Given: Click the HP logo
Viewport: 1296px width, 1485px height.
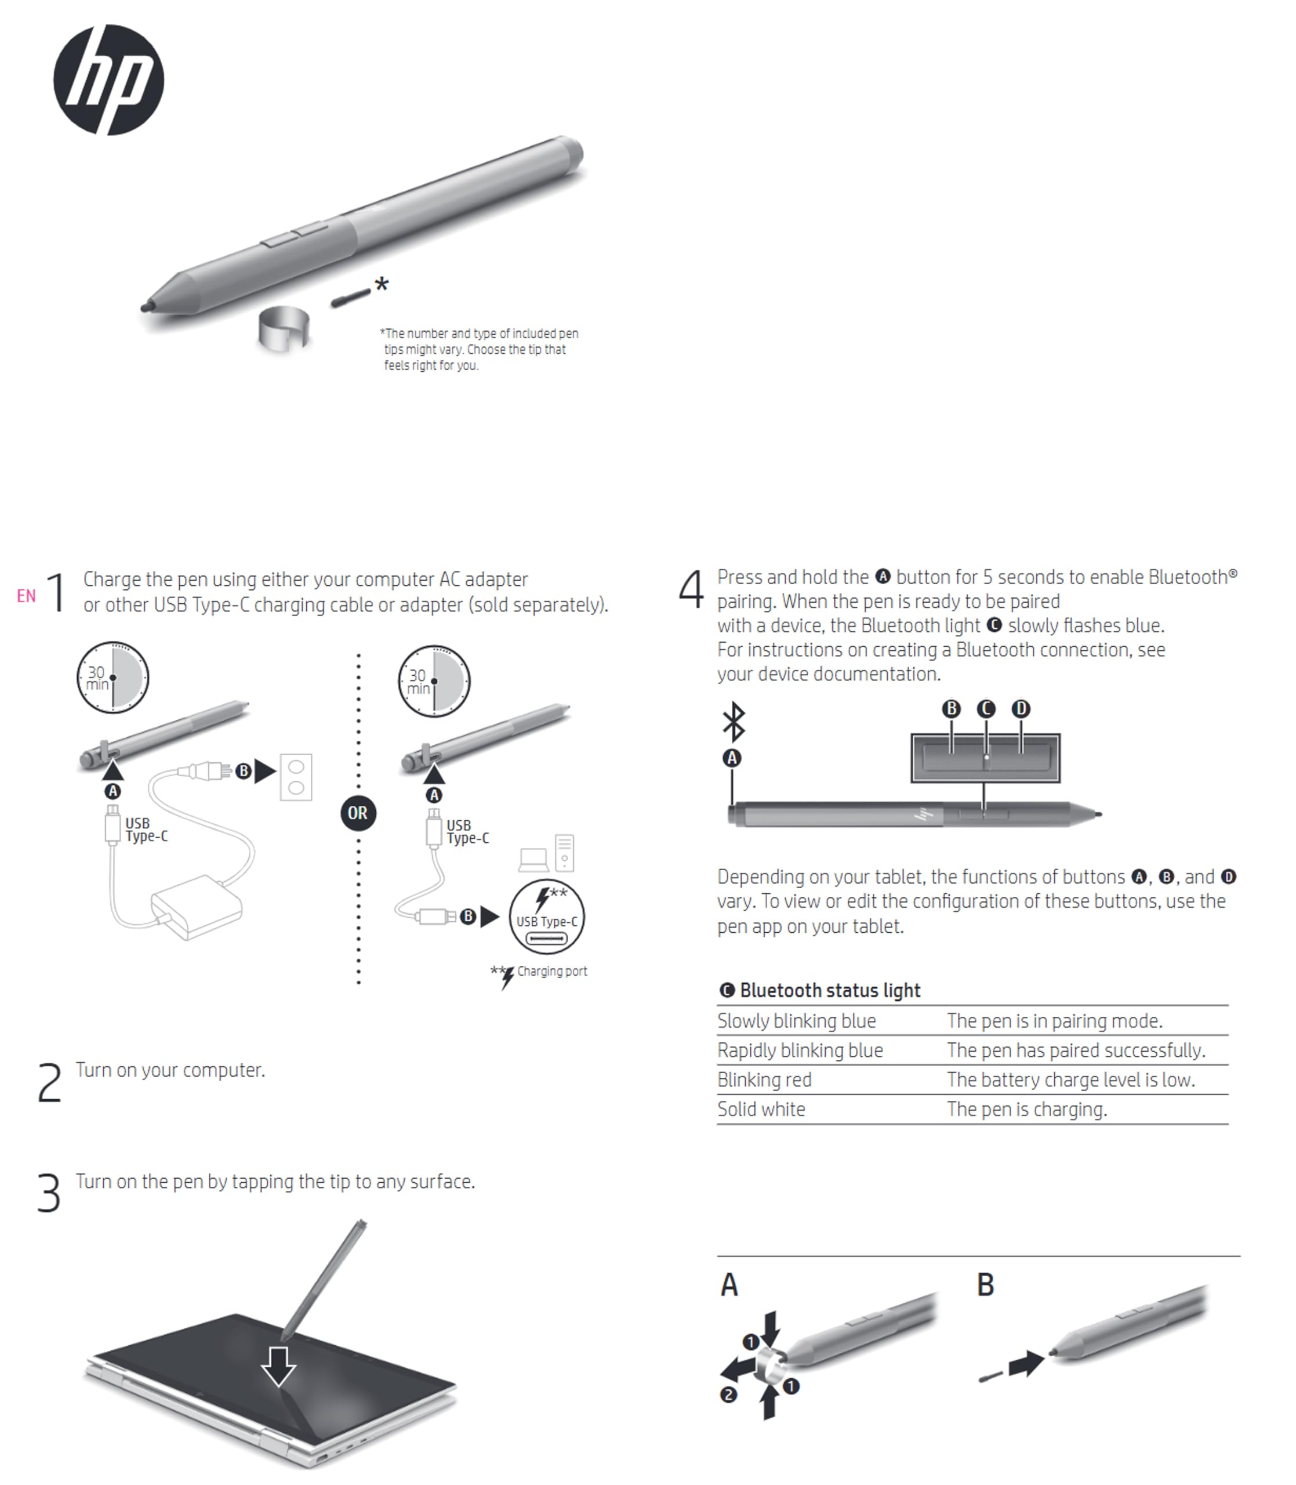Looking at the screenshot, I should click(x=108, y=79).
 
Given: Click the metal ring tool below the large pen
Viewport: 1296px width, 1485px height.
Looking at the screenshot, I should click(x=284, y=328).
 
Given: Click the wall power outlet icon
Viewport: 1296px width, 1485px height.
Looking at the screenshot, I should click(x=296, y=777).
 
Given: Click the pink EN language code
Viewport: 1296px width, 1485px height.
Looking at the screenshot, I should click(x=26, y=596).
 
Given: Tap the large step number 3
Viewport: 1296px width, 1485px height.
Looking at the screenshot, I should click(x=49, y=1193).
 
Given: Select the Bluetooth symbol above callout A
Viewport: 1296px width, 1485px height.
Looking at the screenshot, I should click(x=734, y=721).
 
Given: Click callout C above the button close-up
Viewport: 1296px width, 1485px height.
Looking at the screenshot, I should click(x=986, y=709).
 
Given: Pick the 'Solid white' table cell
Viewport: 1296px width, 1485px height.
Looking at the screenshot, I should click(x=761, y=1109).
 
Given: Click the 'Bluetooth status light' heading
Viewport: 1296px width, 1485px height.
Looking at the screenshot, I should click(x=830, y=990).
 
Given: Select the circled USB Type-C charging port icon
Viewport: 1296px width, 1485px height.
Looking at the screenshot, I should click(x=547, y=917).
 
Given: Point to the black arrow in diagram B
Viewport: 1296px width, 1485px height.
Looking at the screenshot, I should click(x=1026, y=1364).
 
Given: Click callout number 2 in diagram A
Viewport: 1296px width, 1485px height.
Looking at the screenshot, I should click(x=728, y=1395).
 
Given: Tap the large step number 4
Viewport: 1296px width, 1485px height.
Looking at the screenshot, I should click(x=691, y=589).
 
